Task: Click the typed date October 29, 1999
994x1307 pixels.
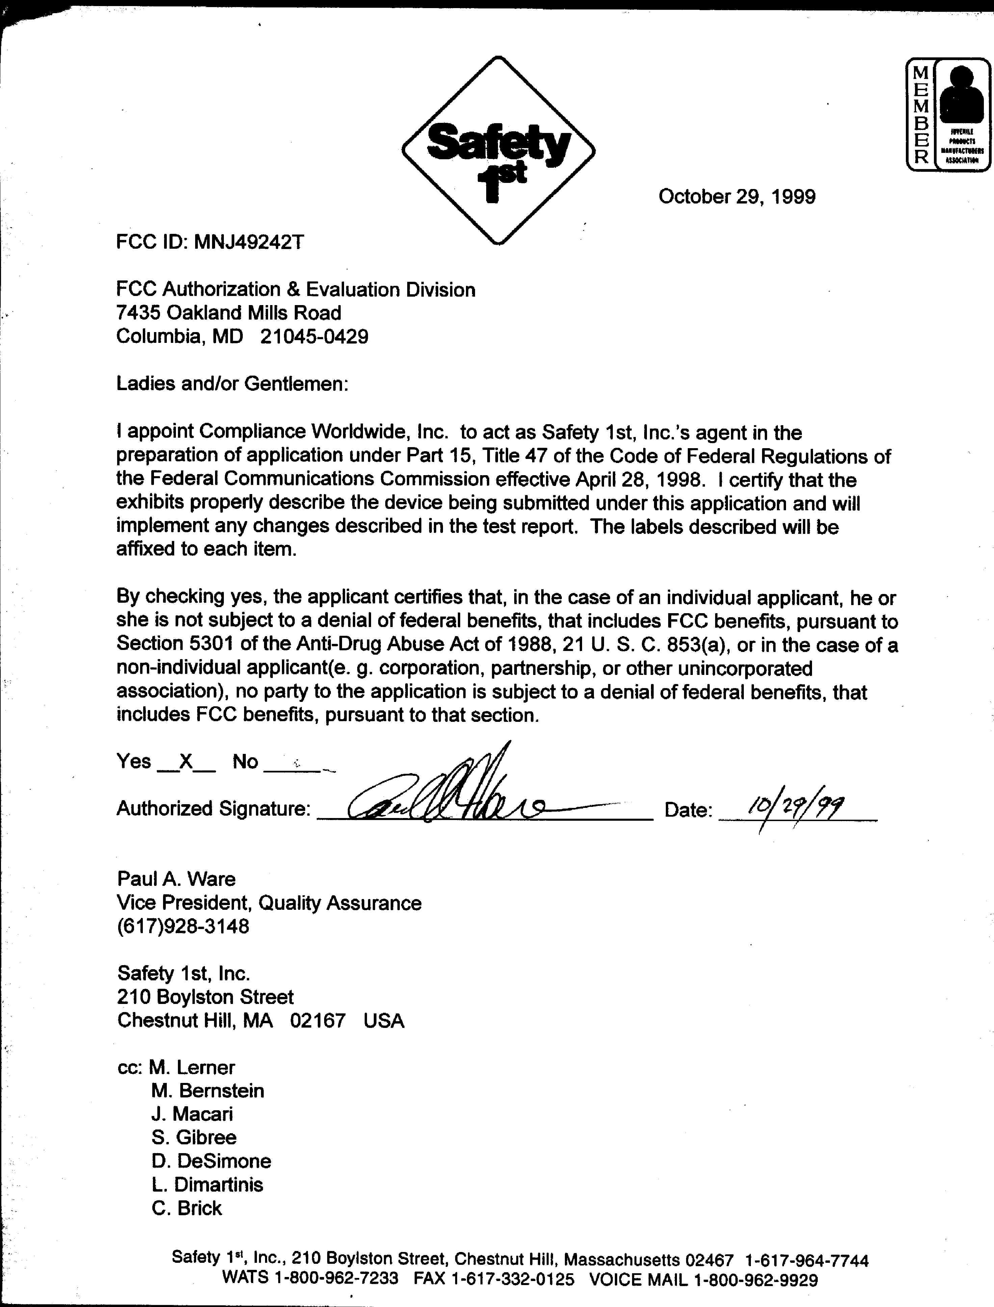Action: (x=737, y=196)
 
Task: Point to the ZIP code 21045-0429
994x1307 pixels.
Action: (x=314, y=336)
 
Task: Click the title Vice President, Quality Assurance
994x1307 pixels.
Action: (x=269, y=903)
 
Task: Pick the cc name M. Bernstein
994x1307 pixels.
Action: (x=208, y=1091)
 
